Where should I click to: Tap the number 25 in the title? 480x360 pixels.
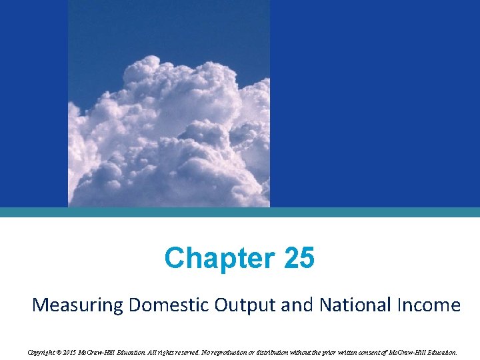pyautogui.click(x=298, y=259)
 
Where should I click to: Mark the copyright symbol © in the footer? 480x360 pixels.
pyautogui.click(x=59, y=351)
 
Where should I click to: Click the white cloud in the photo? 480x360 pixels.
pyautogui.click(x=167, y=133)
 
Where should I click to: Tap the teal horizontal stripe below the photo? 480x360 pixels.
pyautogui.click(x=240, y=212)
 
